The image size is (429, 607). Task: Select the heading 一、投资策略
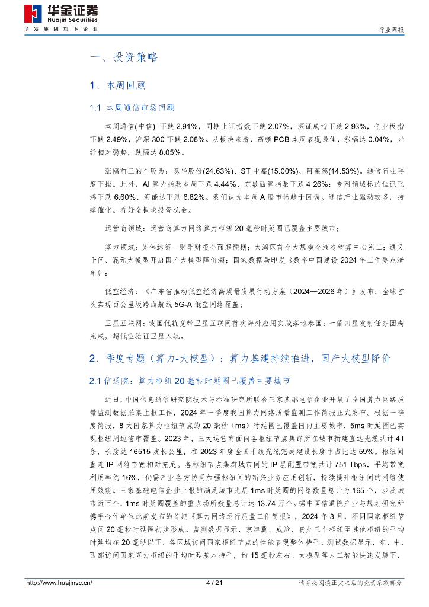[x=123, y=57]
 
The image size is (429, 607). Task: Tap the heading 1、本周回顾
[x=117, y=85]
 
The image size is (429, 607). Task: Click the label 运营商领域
[x=123, y=228]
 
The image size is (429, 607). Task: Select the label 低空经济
[x=120, y=292]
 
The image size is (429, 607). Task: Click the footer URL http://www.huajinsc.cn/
[x=59, y=583]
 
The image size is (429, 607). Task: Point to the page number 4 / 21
[x=214, y=583]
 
